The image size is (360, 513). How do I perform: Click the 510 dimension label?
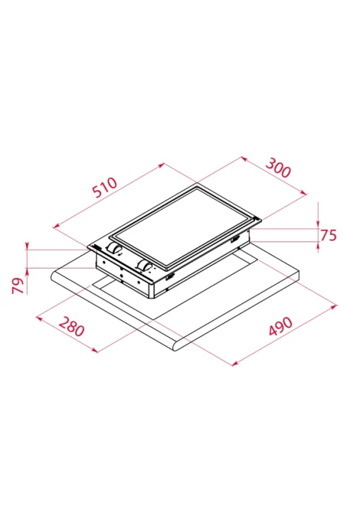(x=105, y=188)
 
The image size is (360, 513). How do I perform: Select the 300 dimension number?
(x=277, y=167)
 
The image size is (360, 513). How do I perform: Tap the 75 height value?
(x=328, y=235)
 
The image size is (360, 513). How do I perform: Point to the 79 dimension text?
(x=18, y=286)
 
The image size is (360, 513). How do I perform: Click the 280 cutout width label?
(x=72, y=326)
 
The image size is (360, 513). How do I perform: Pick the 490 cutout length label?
(x=280, y=326)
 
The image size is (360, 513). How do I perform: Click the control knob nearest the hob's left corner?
(x=113, y=249)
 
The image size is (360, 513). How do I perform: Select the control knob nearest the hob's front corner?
(x=143, y=265)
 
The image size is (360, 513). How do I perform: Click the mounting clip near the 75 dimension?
(x=235, y=240)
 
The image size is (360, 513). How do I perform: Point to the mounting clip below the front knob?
(x=170, y=278)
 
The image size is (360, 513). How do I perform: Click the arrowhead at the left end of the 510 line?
(x=56, y=225)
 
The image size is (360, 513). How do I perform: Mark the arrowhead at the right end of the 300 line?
(x=304, y=193)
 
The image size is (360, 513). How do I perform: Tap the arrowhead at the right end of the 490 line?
(x=334, y=306)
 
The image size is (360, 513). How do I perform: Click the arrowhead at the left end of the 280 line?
(x=38, y=317)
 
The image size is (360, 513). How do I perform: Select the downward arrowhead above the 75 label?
(x=318, y=224)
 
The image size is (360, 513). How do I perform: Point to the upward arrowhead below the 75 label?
(x=318, y=245)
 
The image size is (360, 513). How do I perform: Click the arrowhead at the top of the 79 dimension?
(x=28, y=246)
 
